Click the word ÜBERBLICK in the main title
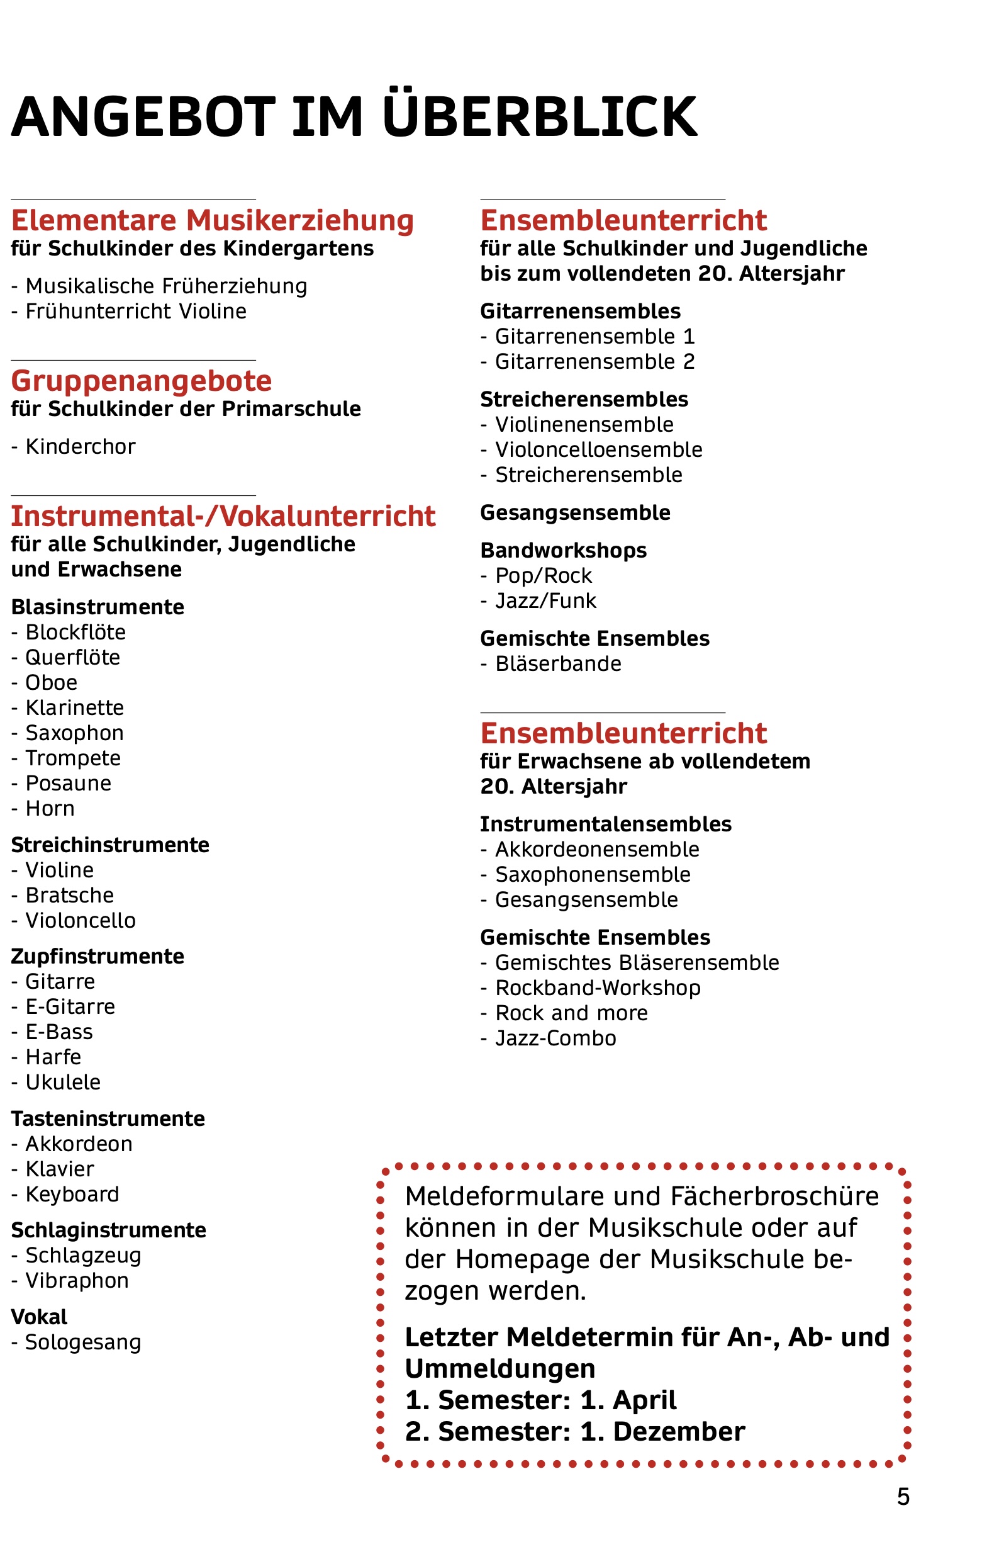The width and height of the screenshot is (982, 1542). pyautogui.click(x=539, y=116)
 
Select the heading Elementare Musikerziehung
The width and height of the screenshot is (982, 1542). pyautogui.click(x=213, y=220)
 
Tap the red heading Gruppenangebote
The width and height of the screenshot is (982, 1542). pyautogui.click(x=142, y=381)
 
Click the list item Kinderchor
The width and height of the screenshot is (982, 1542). pyautogui.click(x=80, y=447)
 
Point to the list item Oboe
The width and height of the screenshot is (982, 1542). pyautogui.click(x=51, y=683)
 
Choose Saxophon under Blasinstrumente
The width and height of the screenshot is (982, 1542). pyautogui.click(x=74, y=733)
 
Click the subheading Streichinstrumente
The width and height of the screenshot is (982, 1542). pyautogui.click(x=110, y=845)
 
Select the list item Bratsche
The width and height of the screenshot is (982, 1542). pyautogui.click(x=69, y=896)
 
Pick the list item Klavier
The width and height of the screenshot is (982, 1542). pyautogui.click(x=60, y=1169)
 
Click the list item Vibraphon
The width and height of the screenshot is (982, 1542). pyautogui.click(x=77, y=1281)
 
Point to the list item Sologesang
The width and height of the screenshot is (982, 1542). pyautogui.click(x=82, y=1343)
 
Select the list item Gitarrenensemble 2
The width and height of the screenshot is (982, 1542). pyautogui.click(x=594, y=362)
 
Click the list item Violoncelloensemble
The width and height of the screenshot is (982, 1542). pyautogui.click(x=598, y=450)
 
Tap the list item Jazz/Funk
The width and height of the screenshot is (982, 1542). pyautogui.click(x=545, y=601)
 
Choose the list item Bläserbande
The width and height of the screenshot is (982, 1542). pyautogui.click(x=557, y=664)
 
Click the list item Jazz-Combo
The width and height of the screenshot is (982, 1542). pyautogui.click(x=555, y=1038)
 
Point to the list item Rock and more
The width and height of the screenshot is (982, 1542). pyautogui.click(x=571, y=1014)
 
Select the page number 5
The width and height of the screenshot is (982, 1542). pyautogui.click(x=903, y=1497)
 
